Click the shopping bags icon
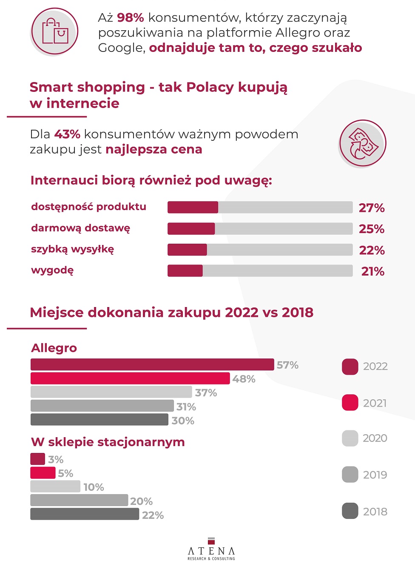[x=54, y=31]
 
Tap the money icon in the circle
[x=362, y=144]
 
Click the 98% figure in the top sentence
[x=130, y=18]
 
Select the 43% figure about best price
[x=67, y=134]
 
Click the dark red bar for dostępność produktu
[x=193, y=208]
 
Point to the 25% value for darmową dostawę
[x=371, y=229]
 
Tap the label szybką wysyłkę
[x=72, y=249]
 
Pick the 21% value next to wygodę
[x=372, y=271]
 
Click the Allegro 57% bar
[x=152, y=364]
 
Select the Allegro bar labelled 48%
[x=130, y=379]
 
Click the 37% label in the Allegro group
[x=206, y=393]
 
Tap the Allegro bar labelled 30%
[x=99, y=420]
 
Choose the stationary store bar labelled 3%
[x=37, y=459]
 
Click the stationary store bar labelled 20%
[x=79, y=500]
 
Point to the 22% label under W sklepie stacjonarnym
[x=153, y=515]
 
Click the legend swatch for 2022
[x=350, y=367]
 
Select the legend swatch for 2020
[x=350, y=438]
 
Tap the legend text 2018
[x=375, y=512]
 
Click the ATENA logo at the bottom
[x=211, y=549]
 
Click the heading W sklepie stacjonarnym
[x=108, y=442]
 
